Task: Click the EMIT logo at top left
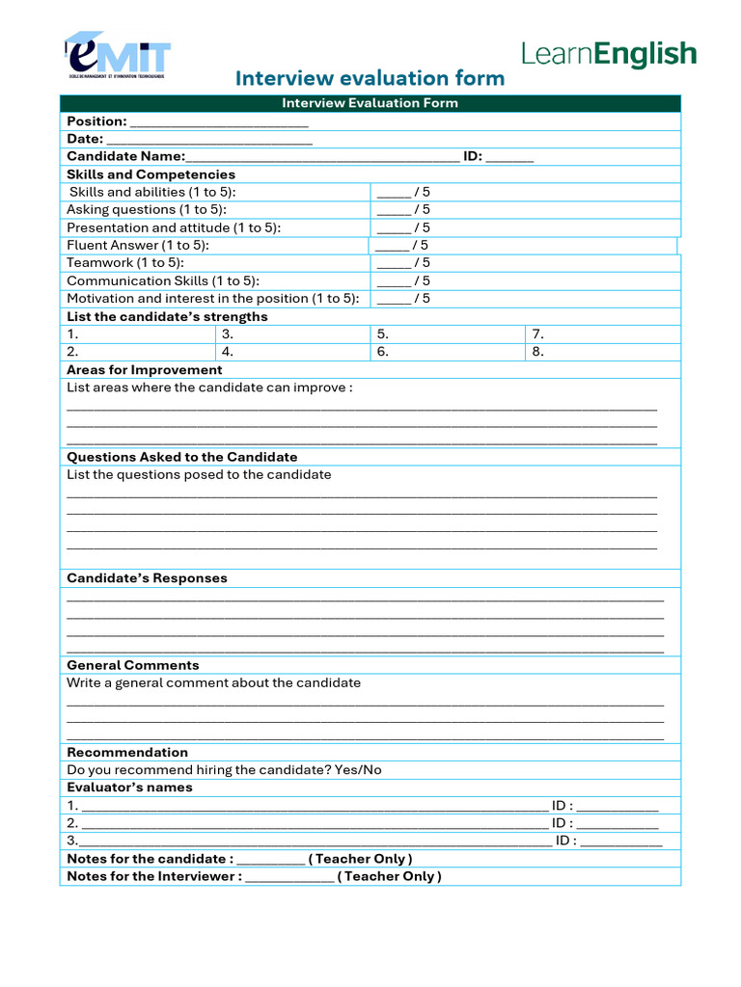(x=117, y=55)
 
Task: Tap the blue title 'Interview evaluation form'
(x=370, y=79)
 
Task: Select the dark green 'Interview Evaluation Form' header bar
(x=370, y=103)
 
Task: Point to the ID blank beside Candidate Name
(x=509, y=157)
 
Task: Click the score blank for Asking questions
(x=394, y=210)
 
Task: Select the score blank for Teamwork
(x=394, y=263)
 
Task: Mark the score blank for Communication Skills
(x=394, y=281)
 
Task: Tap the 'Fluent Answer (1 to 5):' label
(x=138, y=246)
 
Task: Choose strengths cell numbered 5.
(x=448, y=334)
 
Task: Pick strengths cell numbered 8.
(x=603, y=352)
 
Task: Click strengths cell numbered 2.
(x=137, y=352)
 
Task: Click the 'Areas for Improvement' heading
(x=144, y=370)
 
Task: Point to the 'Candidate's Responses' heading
(x=147, y=578)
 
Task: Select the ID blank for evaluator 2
(x=617, y=824)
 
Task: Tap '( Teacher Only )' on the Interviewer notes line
(x=389, y=877)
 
